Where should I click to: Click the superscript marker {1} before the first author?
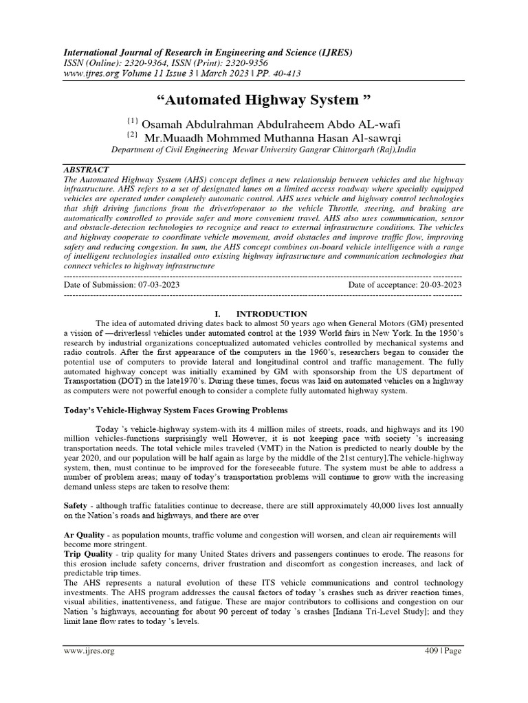tap(134, 120)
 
